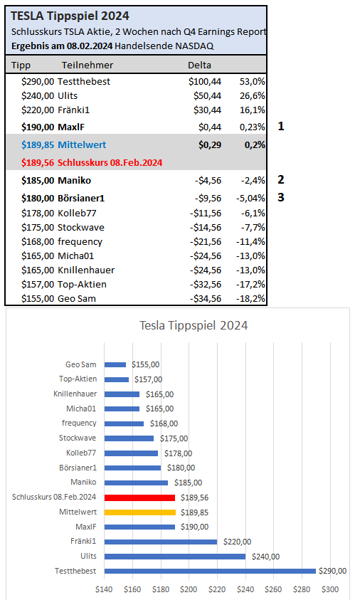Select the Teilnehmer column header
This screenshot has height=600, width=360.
click(83, 65)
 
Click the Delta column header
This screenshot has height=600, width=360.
click(198, 65)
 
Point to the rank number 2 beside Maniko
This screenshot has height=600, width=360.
click(281, 179)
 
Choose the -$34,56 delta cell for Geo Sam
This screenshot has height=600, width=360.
click(203, 298)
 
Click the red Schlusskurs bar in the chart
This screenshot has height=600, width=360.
click(139, 498)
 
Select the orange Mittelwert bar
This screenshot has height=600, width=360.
click(139, 512)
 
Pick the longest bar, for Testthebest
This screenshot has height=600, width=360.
click(209, 571)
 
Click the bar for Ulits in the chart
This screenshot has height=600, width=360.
click(174, 557)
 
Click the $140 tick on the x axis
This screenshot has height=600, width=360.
click(105, 589)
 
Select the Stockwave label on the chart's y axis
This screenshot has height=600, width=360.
click(78, 438)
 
